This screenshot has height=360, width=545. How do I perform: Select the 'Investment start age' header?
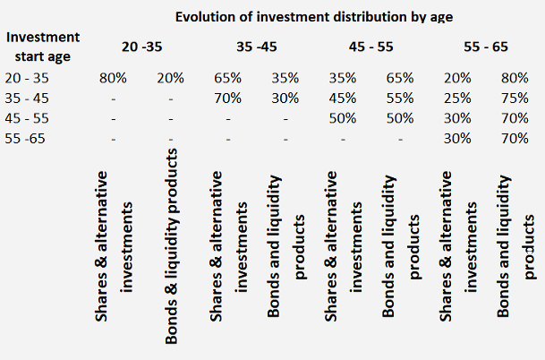point(42,45)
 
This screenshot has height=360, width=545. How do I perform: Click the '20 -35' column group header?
point(143,46)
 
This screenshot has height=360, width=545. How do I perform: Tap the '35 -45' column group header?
point(257,46)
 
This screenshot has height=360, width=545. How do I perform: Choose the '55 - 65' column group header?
point(487,46)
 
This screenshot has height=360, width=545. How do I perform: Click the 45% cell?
point(343,99)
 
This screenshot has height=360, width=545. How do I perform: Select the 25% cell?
point(459,99)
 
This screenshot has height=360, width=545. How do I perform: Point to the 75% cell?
point(515,99)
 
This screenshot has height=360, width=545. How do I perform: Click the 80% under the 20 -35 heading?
point(113,78)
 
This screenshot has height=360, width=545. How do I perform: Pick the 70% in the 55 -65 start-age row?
point(515,139)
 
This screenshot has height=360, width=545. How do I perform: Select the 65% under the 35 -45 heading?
point(227,78)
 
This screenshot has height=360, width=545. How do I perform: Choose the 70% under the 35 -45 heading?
point(227,99)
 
